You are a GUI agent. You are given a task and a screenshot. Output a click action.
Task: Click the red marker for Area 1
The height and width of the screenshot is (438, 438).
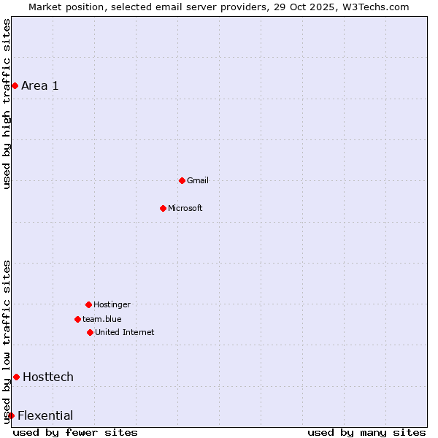click(x=15, y=85)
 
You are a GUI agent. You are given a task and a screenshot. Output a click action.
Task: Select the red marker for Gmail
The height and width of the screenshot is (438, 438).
click(x=182, y=180)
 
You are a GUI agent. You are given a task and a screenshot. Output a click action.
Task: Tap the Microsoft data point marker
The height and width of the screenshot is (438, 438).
click(x=163, y=208)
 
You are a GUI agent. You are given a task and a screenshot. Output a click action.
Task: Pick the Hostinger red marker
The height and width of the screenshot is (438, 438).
click(x=88, y=304)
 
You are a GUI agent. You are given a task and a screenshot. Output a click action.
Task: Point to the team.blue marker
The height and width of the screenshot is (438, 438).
click(x=77, y=319)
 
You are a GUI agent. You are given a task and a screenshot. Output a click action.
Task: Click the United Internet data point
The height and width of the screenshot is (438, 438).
click(x=90, y=332)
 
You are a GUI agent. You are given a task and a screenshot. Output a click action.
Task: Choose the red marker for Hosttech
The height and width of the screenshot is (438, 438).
click(x=16, y=377)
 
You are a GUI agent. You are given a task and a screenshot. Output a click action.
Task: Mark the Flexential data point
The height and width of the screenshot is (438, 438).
click(x=11, y=415)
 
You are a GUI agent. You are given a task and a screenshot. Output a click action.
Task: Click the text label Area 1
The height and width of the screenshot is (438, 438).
click(x=40, y=86)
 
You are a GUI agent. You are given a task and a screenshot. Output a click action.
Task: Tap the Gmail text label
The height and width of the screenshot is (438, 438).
click(x=198, y=180)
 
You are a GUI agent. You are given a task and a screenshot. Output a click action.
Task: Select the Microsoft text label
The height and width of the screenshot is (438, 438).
click(x=185, y=208)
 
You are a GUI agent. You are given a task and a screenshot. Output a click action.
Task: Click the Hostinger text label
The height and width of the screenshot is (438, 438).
click(x=112, y=304)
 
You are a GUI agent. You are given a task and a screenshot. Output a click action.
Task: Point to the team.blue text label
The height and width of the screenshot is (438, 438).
click(x=102, y=319)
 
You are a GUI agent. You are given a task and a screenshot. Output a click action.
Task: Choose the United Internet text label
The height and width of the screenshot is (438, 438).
click(x=125, y=332)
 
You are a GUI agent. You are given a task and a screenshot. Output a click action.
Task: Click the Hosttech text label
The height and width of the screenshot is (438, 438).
click(x=48, y=377)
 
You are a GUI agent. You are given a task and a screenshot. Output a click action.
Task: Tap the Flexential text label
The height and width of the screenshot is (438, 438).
click(x=45, y=416)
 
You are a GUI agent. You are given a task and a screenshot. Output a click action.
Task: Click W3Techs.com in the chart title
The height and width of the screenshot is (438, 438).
click(x=372, y=7)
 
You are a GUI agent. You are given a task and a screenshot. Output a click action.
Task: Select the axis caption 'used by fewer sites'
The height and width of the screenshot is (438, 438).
click(x=75, y=432)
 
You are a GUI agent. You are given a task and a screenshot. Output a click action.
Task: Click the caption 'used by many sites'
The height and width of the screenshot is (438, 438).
click(x=366, y=432)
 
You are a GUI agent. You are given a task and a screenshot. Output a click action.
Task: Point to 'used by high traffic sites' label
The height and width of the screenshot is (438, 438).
click(x=7, y=104)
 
